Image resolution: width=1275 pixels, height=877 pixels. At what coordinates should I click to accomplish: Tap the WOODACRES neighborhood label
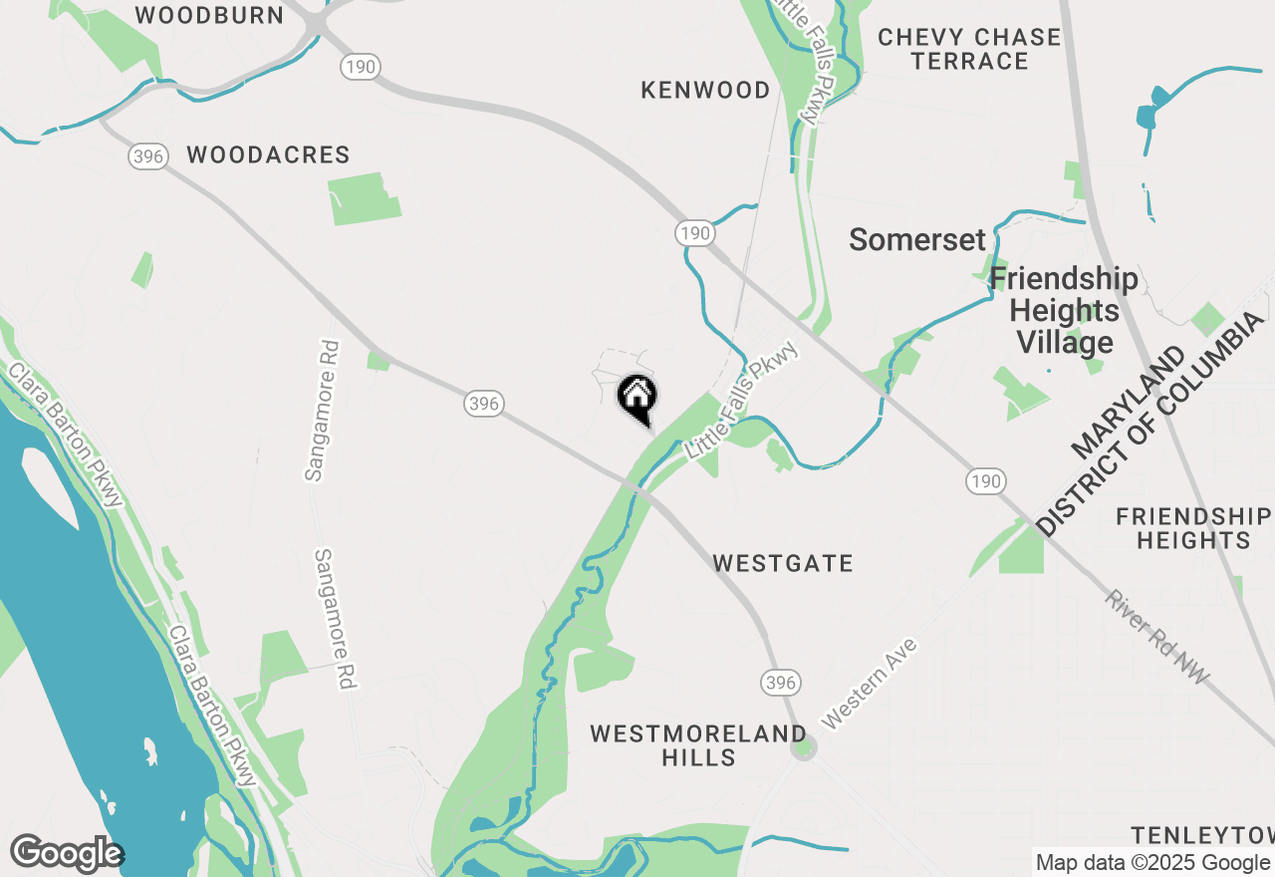pyautogui.click(x=268, y=155)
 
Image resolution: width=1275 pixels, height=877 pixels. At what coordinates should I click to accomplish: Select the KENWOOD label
pyautogui.click(x=705, y=91)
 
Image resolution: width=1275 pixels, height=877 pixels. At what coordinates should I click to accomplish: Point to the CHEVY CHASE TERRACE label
pyautogui.click(x=969, y=49)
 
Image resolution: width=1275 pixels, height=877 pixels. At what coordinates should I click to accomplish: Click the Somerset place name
pyautogui.click(x=916, y=240)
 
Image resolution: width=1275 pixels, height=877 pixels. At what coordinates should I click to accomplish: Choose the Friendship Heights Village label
pyautogui.click(x=1064, y=311)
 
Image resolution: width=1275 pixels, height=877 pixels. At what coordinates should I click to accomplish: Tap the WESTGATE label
pyautogui.click(x=783, y=564)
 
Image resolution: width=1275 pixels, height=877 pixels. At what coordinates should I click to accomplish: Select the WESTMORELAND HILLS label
pyautogui.click(x=698, y=745)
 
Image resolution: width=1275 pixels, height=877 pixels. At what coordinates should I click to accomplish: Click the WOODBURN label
pyautogui.click(x=209, y=15)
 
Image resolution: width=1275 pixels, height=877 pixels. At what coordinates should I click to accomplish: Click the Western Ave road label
pyautogui.click(x=869, y=683)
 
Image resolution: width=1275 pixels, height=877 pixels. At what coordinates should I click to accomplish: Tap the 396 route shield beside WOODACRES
pyautogui.click(x=147, y=156)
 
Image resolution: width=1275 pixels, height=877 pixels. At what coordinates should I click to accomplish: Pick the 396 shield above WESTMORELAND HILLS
pyautogui.click(x=780, y=683)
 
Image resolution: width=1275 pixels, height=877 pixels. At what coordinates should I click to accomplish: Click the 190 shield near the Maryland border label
pyautogui.click(x=984, y=482)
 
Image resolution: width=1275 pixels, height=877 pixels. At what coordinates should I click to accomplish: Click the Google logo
pyautogui.click(x=67, y=854)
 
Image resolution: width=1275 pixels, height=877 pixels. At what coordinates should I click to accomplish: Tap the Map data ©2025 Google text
pyautogui.click(x=1152, y=863)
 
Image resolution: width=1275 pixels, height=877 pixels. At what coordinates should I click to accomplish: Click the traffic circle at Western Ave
pyautogui.click(x=804, y=747)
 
